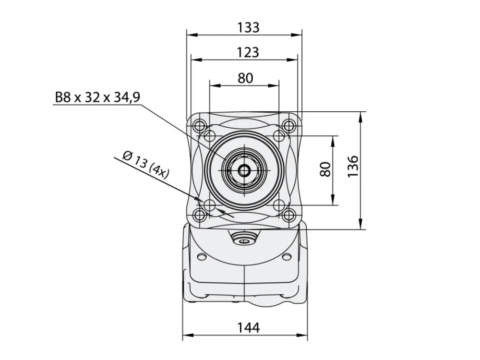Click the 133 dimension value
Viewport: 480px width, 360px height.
click(x=248, y=27)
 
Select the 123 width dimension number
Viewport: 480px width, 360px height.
click(x=248, y=52)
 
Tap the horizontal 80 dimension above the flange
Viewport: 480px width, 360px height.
click(x=245, y=78)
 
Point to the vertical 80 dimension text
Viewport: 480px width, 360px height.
click(x=325, y=169)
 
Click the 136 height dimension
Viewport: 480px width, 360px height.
click(x=353, y=166)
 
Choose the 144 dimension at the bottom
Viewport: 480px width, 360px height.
click(x=249, y=327)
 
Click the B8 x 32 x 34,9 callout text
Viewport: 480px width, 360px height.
click(x=97, y=97)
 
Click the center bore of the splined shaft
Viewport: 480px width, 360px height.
click(x=244, y=170)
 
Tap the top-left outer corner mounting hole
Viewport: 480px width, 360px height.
click(x=200, y=125)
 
